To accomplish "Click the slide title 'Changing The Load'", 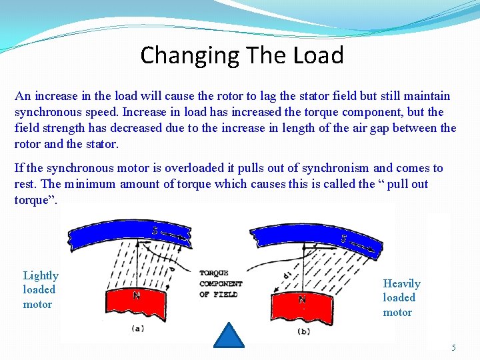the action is coord(241,55).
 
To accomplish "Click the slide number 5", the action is coord(454,347).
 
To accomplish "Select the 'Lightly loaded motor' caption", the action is coord(41,290).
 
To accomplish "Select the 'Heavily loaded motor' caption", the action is coord(401,297).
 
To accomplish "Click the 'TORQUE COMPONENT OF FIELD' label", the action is coord(220,283).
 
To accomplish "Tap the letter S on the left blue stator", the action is coord(155,231).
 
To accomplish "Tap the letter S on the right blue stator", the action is coord(344,238).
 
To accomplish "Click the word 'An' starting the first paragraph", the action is coord(22,96).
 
